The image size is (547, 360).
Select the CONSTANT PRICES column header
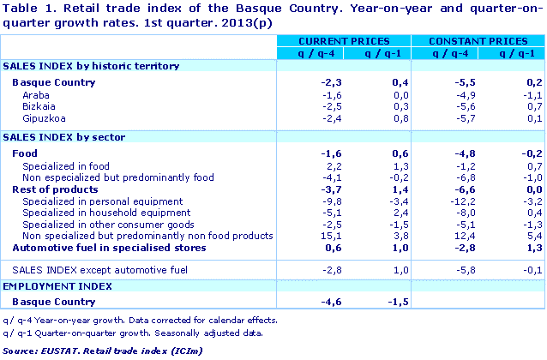coord(477,40)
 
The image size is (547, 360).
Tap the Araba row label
coord(36,94)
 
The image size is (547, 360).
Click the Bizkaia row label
coord(39,106)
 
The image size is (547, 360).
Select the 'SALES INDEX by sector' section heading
coord(64,136)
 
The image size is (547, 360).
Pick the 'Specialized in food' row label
coord(66,165)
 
